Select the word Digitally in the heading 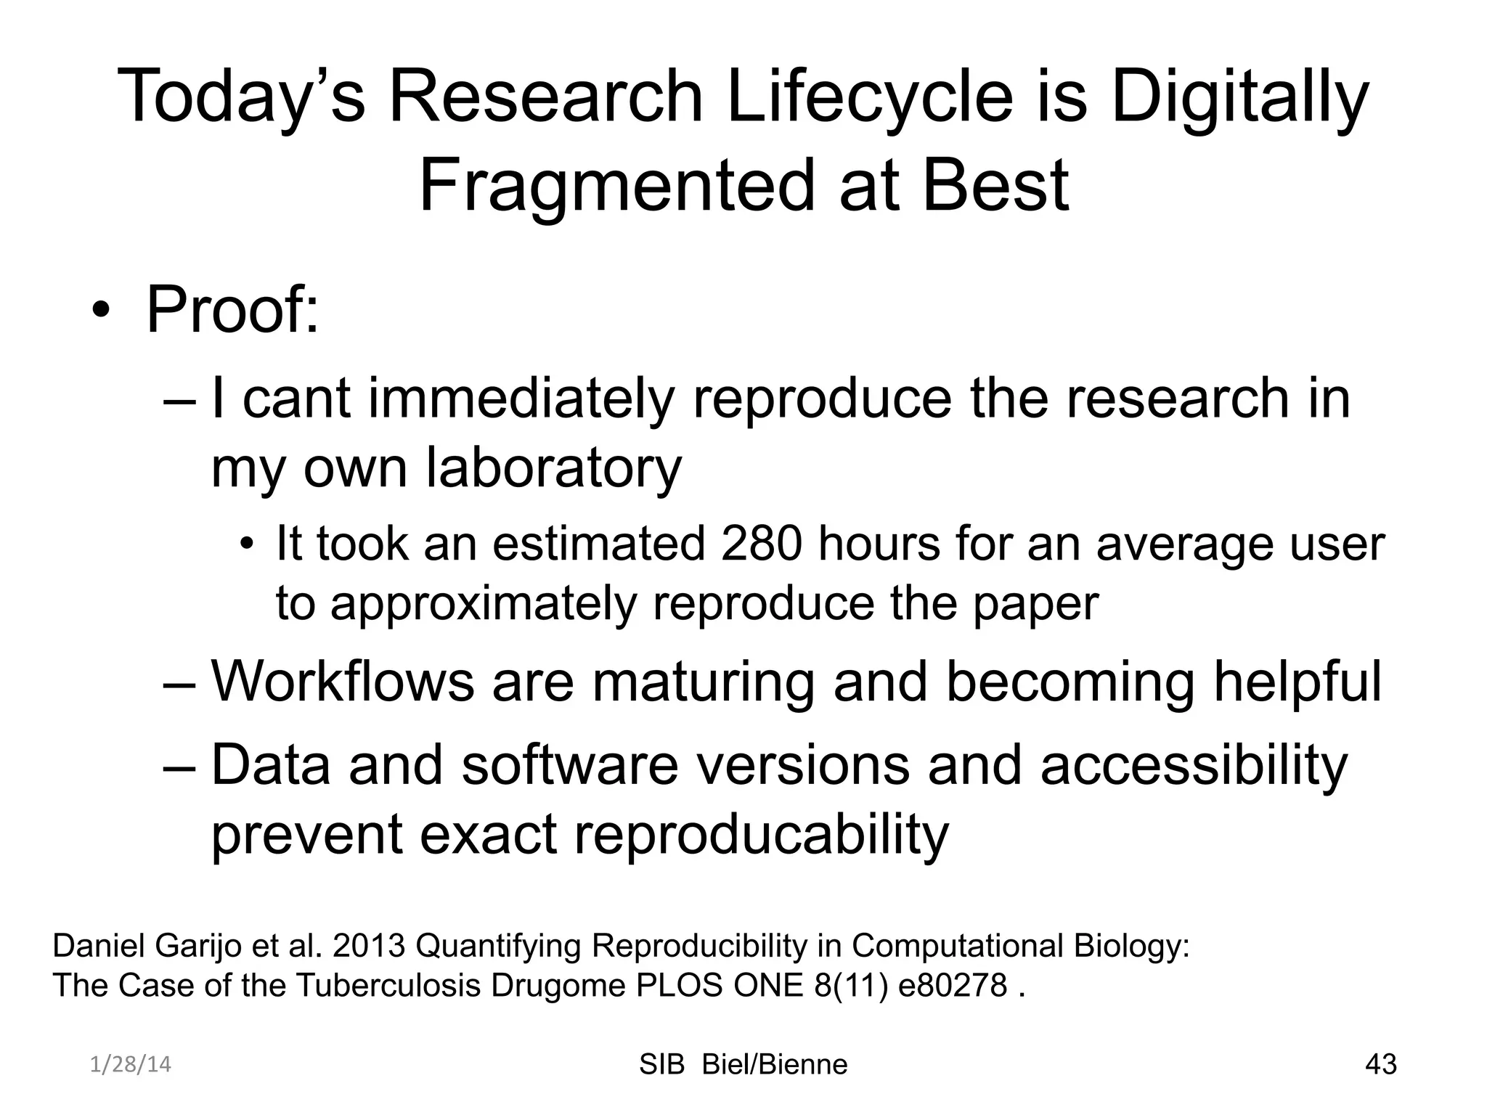[x=1239, y=97]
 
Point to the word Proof [x=232, y=311]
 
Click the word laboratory [x=553, y=467]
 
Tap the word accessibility [x=1194, y=765]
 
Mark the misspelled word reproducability [x=761, y=834]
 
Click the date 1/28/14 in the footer [x=131, y=1064]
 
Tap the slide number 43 [x=1380, y=1064]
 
